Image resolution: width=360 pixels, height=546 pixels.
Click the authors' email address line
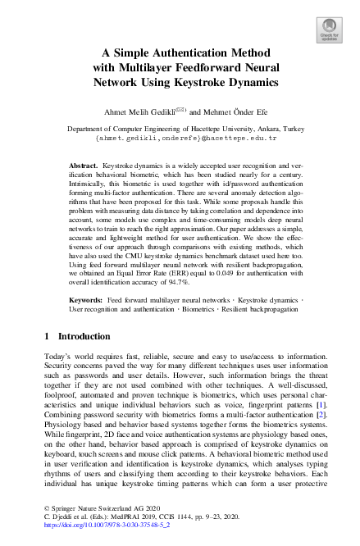[x=181, y=139]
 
